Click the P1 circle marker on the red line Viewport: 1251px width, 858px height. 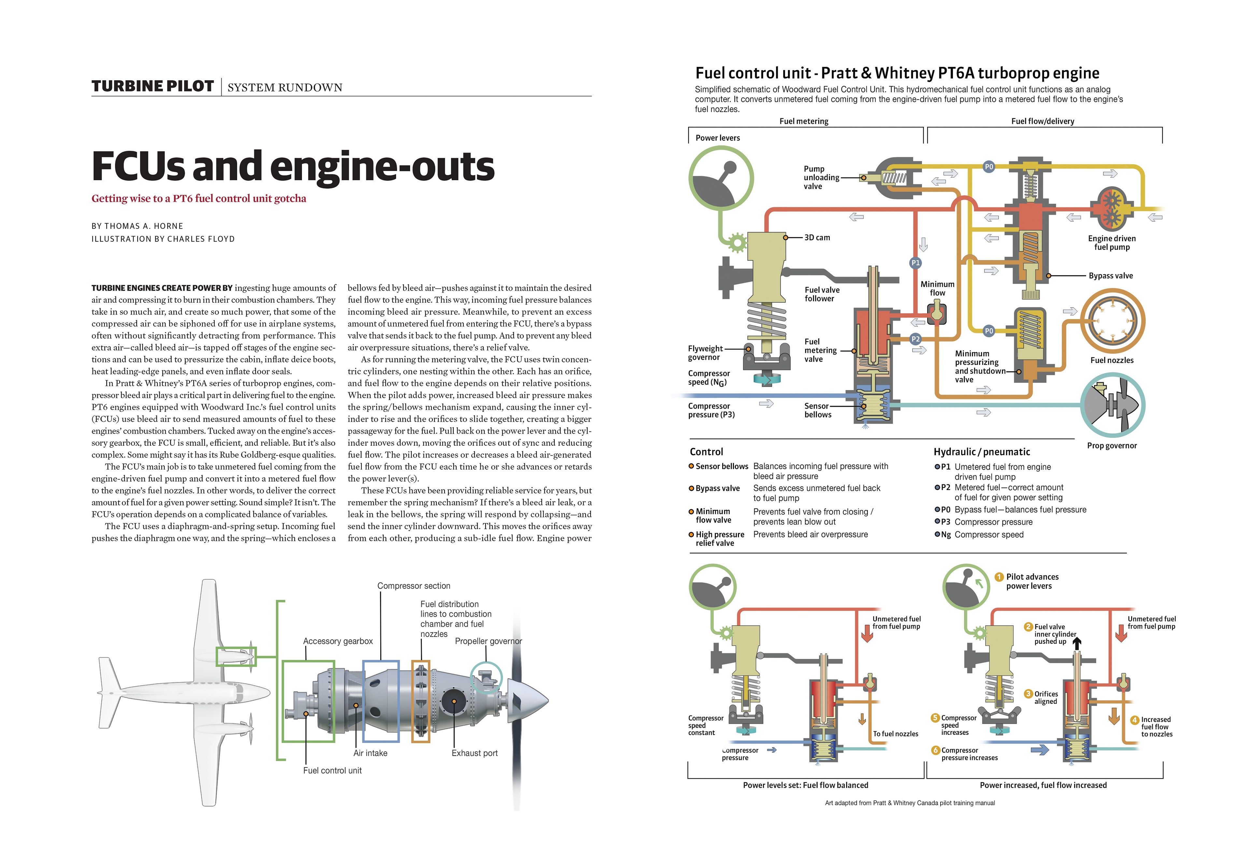click(x=915, y=263)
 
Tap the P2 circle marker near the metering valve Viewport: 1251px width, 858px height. click(x=915, y=339)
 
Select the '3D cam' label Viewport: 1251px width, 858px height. click(x=817, y=237)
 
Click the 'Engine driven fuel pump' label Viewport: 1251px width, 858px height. click(x=1112, y=243)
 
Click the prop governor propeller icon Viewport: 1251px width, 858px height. click(x=1112, y=405)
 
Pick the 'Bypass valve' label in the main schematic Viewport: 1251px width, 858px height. click(x=1111, y=276)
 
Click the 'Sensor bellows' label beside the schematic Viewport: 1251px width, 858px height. click(x=817, y=410)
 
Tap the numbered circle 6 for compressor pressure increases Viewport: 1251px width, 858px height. click(x=936, y=750)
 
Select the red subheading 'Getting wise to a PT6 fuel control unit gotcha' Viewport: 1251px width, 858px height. click(x=199, y=199)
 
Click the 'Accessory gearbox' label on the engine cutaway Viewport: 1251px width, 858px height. click(x=338, y=641)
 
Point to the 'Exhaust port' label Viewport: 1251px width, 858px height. click(x=474, y=753)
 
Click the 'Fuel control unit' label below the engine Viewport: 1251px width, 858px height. click(x=332, y=770)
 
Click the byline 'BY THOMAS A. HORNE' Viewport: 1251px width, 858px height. click(x=137, y=226)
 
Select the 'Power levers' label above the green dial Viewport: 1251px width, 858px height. click(x=718, y=138)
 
